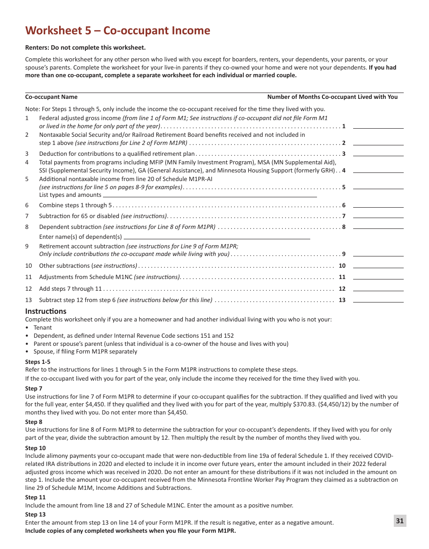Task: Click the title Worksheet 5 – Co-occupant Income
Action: pyautogui.click(x=118, y=31)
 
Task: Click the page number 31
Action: pyautogui.click(x=400, y=521)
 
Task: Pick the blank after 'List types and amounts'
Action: pyautogui.click(x=210, y=195)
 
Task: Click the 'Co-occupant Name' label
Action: pyautogui.click(x=51, y=97)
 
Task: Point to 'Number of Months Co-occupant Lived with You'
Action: pyautogui.click(x=332, y=97)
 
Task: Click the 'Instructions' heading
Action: pyautogui.click(x=46, y=311)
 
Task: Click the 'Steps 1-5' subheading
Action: pyautogui.click(x=38, y=362)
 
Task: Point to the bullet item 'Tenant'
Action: pyautogui.click(x=42, y=328)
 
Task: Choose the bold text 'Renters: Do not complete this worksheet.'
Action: pyautogui.click(x=85, y=47)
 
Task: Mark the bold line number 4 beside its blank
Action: pyautogui.click(x=344, y=171)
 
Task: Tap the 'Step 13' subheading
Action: pyautogui.click(x=35, y=514)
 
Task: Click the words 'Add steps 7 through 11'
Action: pyautogui.click(x=70, y=289)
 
